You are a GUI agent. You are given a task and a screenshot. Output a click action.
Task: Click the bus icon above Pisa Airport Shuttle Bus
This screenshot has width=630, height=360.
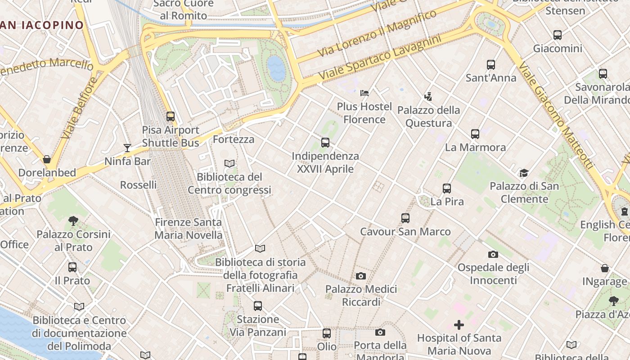point(171,117)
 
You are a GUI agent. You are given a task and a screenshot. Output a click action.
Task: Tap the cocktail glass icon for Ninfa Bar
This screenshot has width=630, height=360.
point(127,148)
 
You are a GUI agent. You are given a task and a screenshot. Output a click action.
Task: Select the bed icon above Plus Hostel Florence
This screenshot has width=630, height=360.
point(364,93)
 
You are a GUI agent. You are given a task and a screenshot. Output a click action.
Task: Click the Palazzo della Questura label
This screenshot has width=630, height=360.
point(428,117)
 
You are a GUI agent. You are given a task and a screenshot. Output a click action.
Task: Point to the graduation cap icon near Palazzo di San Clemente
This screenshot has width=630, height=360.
point(524,173)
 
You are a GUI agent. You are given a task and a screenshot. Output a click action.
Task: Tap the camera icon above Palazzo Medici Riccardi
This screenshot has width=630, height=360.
point(360,276)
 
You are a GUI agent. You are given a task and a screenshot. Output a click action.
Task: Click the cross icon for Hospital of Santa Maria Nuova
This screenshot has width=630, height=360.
point(459,324)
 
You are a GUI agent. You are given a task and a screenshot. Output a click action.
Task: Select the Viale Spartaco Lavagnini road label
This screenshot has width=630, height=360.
point(379,59)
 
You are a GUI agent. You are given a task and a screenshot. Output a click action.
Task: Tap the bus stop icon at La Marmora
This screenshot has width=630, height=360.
point(475,134)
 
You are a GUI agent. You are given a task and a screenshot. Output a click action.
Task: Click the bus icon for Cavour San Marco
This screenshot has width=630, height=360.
point(405,218)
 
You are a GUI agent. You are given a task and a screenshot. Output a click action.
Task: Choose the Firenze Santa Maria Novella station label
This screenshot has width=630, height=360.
point(188,229)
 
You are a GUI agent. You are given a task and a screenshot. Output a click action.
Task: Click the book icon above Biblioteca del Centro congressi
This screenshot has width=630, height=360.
point(229,163)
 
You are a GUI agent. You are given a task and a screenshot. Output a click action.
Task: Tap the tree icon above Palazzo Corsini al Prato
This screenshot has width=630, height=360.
point(73,220)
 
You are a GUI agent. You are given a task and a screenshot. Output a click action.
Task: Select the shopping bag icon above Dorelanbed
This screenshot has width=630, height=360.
point(47,159)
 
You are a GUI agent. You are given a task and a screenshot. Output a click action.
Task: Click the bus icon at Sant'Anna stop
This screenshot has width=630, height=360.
point(491,65)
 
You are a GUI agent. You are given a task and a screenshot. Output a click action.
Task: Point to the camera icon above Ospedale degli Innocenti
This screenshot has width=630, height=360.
point(493,254)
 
